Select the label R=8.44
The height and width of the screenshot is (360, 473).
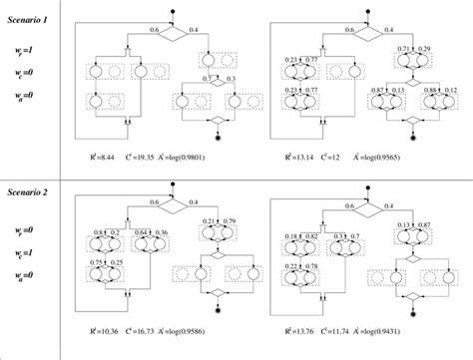(104, 158)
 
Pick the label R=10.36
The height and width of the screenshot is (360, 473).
(104, 328)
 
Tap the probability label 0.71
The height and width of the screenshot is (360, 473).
(403, 48)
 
